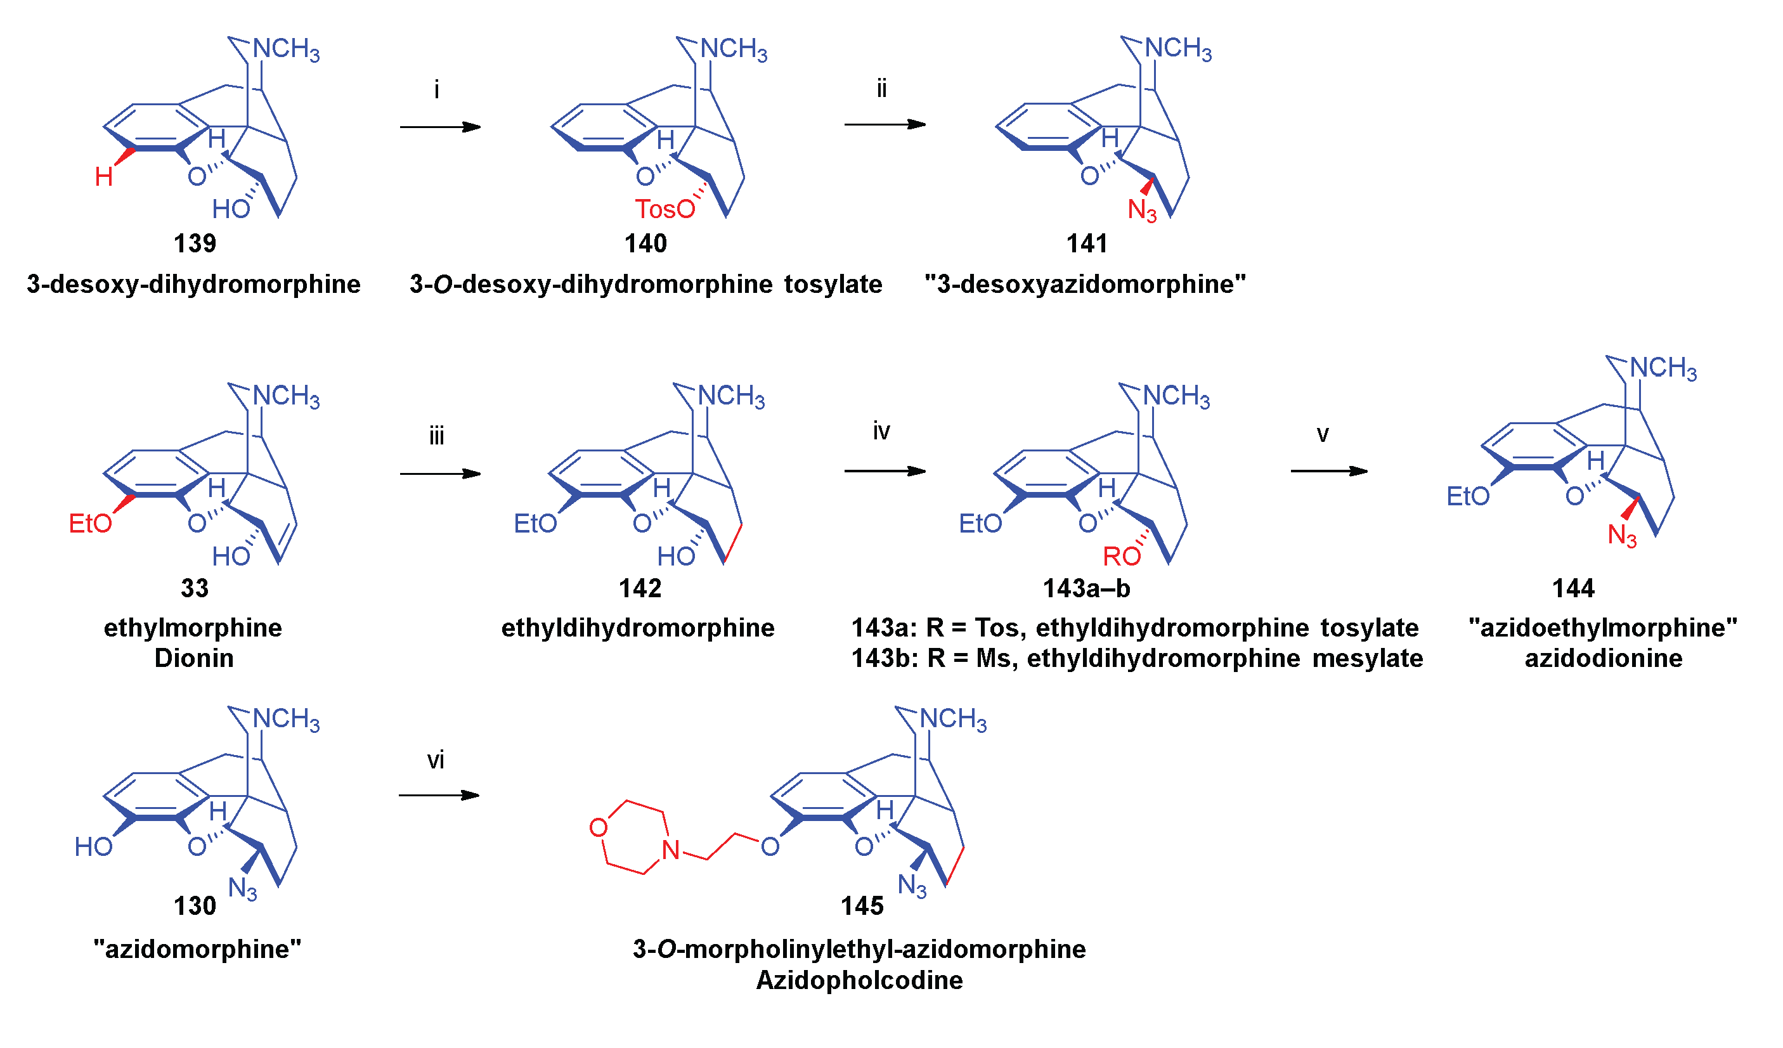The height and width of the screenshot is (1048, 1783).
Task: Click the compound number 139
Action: (195, 243)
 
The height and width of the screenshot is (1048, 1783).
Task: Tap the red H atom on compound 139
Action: (103, 177)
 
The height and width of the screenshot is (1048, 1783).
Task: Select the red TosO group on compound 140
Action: (665, 209)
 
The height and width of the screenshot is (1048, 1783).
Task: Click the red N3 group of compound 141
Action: (1141, 210)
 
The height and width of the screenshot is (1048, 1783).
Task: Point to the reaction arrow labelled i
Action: (439, 127)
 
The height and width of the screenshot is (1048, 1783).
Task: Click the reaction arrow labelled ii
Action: (885, 124)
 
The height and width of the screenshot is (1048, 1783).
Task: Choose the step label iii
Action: (436, 436)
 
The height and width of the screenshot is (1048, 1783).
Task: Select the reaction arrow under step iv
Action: (885, 471)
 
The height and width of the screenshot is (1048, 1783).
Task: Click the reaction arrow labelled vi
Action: (439, 796)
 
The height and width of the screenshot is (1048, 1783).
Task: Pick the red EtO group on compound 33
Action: (90, 524)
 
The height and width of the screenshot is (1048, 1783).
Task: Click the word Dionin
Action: (194, 659)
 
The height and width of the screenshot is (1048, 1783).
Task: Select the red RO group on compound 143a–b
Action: (1122, 557)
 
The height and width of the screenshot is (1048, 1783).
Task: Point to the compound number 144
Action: (1573, 589)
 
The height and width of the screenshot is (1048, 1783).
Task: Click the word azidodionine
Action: (1604, 659)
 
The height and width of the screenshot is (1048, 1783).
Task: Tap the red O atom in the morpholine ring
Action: (599, 827)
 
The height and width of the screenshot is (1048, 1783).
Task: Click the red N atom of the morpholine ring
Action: (671, 850)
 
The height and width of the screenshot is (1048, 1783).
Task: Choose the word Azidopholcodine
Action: (859, 981)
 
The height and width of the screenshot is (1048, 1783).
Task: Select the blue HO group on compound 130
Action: (93, 847)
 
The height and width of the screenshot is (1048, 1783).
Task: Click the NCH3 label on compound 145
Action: (952, 719)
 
